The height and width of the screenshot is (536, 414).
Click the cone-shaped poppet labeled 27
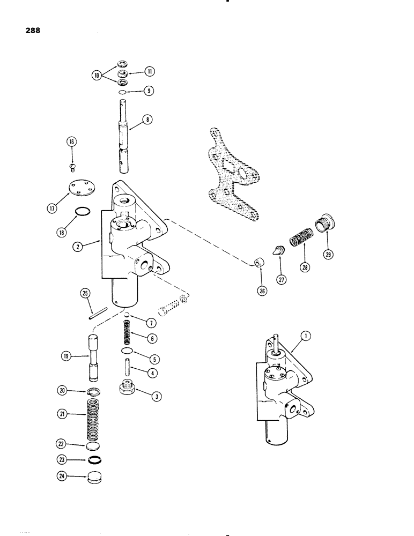click(x=278, y=250)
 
